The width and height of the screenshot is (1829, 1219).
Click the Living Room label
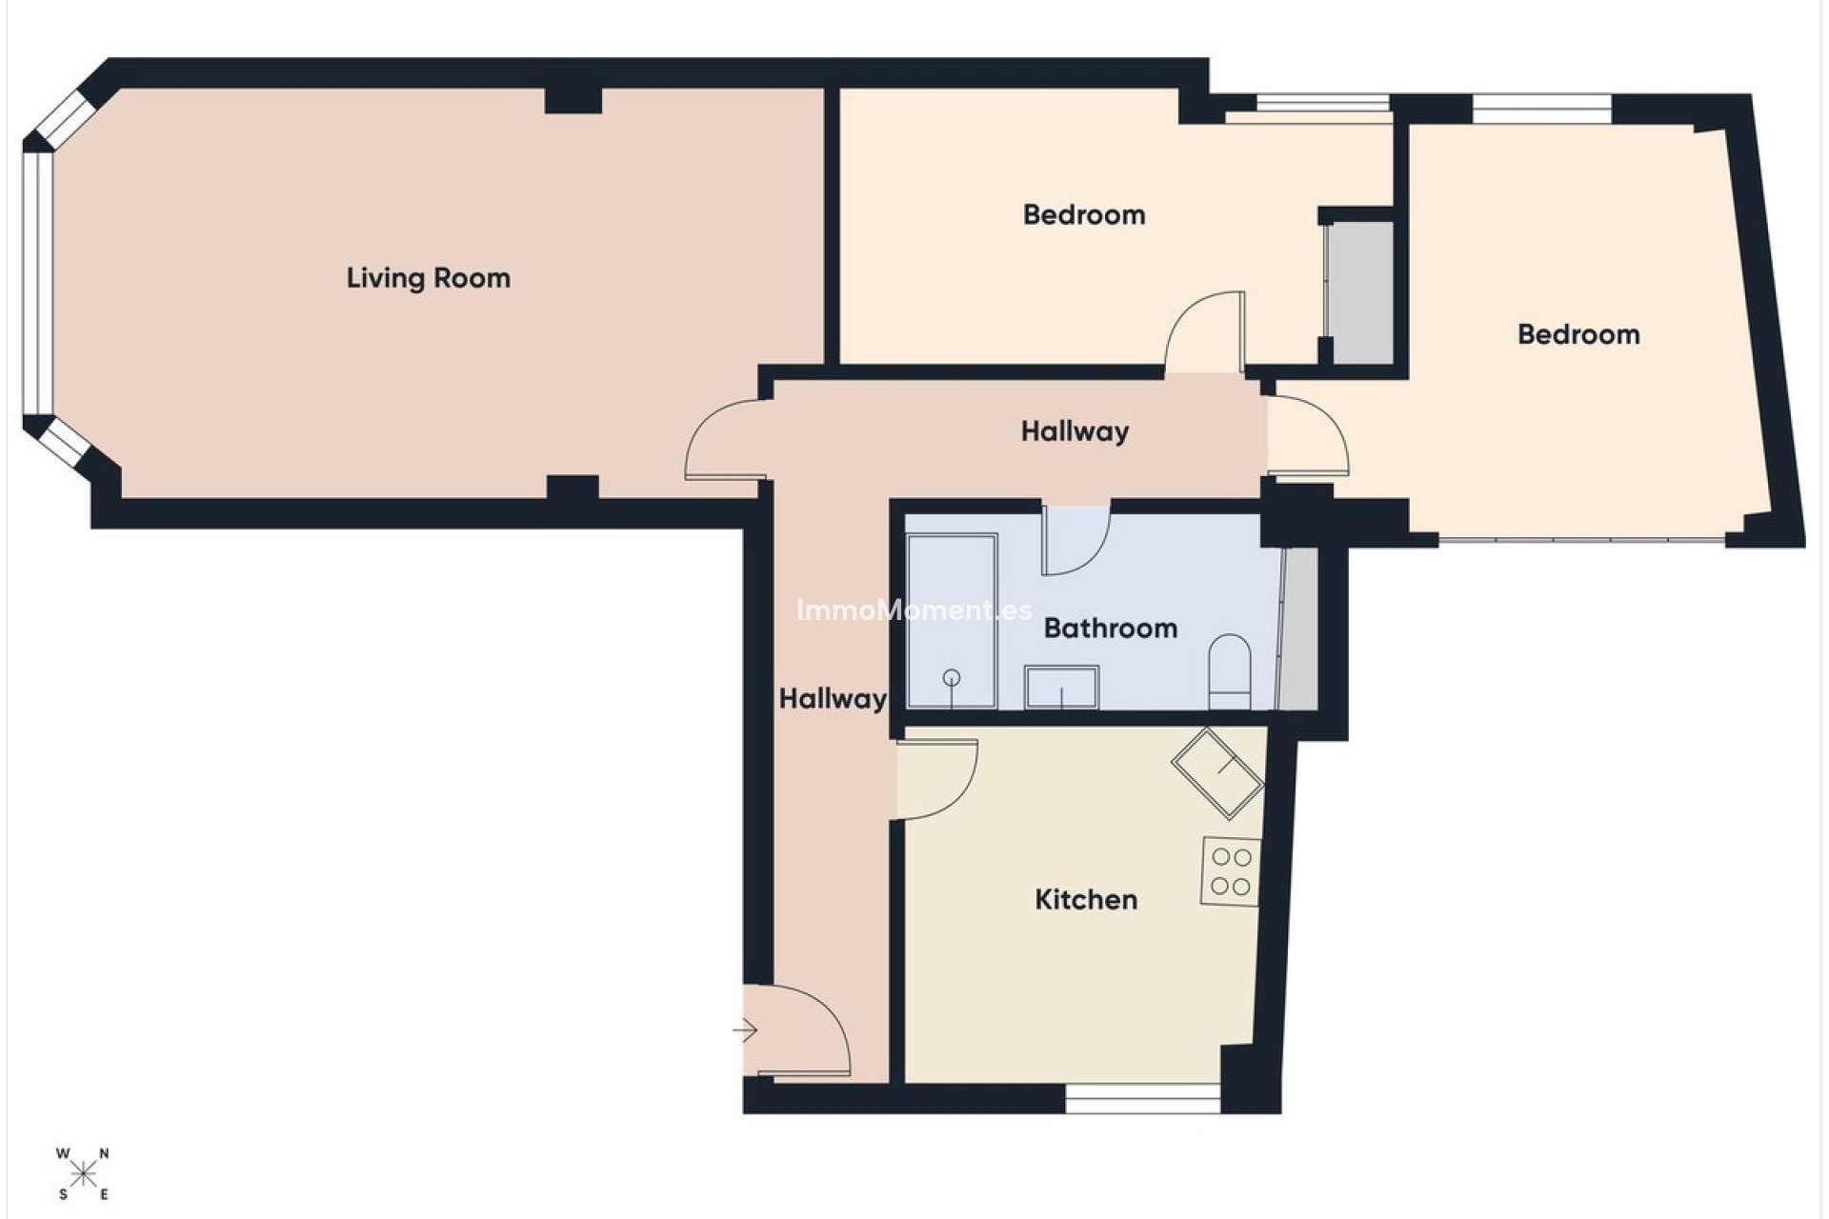coord(428,278)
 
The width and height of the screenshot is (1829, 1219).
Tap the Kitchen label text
coord(1086,900)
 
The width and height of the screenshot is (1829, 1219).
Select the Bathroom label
coord(1110,629)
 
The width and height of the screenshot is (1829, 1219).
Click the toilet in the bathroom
coord(1229,672)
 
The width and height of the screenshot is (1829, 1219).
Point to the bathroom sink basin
coord(1061,687)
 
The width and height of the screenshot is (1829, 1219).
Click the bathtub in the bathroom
coord(952,622)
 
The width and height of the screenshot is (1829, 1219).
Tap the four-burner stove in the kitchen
coord(1230,871)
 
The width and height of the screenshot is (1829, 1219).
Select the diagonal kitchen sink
coord(1217,772)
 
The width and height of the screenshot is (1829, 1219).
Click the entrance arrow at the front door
coord(745,1030)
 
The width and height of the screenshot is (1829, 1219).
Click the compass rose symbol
coord(83,1174)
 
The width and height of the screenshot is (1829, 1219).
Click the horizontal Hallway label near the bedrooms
coord(1075,431)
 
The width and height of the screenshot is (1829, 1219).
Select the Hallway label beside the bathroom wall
coord(833,699)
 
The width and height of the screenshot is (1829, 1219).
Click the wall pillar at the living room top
coord(573,100)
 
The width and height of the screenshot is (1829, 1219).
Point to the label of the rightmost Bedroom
coord(1578,334)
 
